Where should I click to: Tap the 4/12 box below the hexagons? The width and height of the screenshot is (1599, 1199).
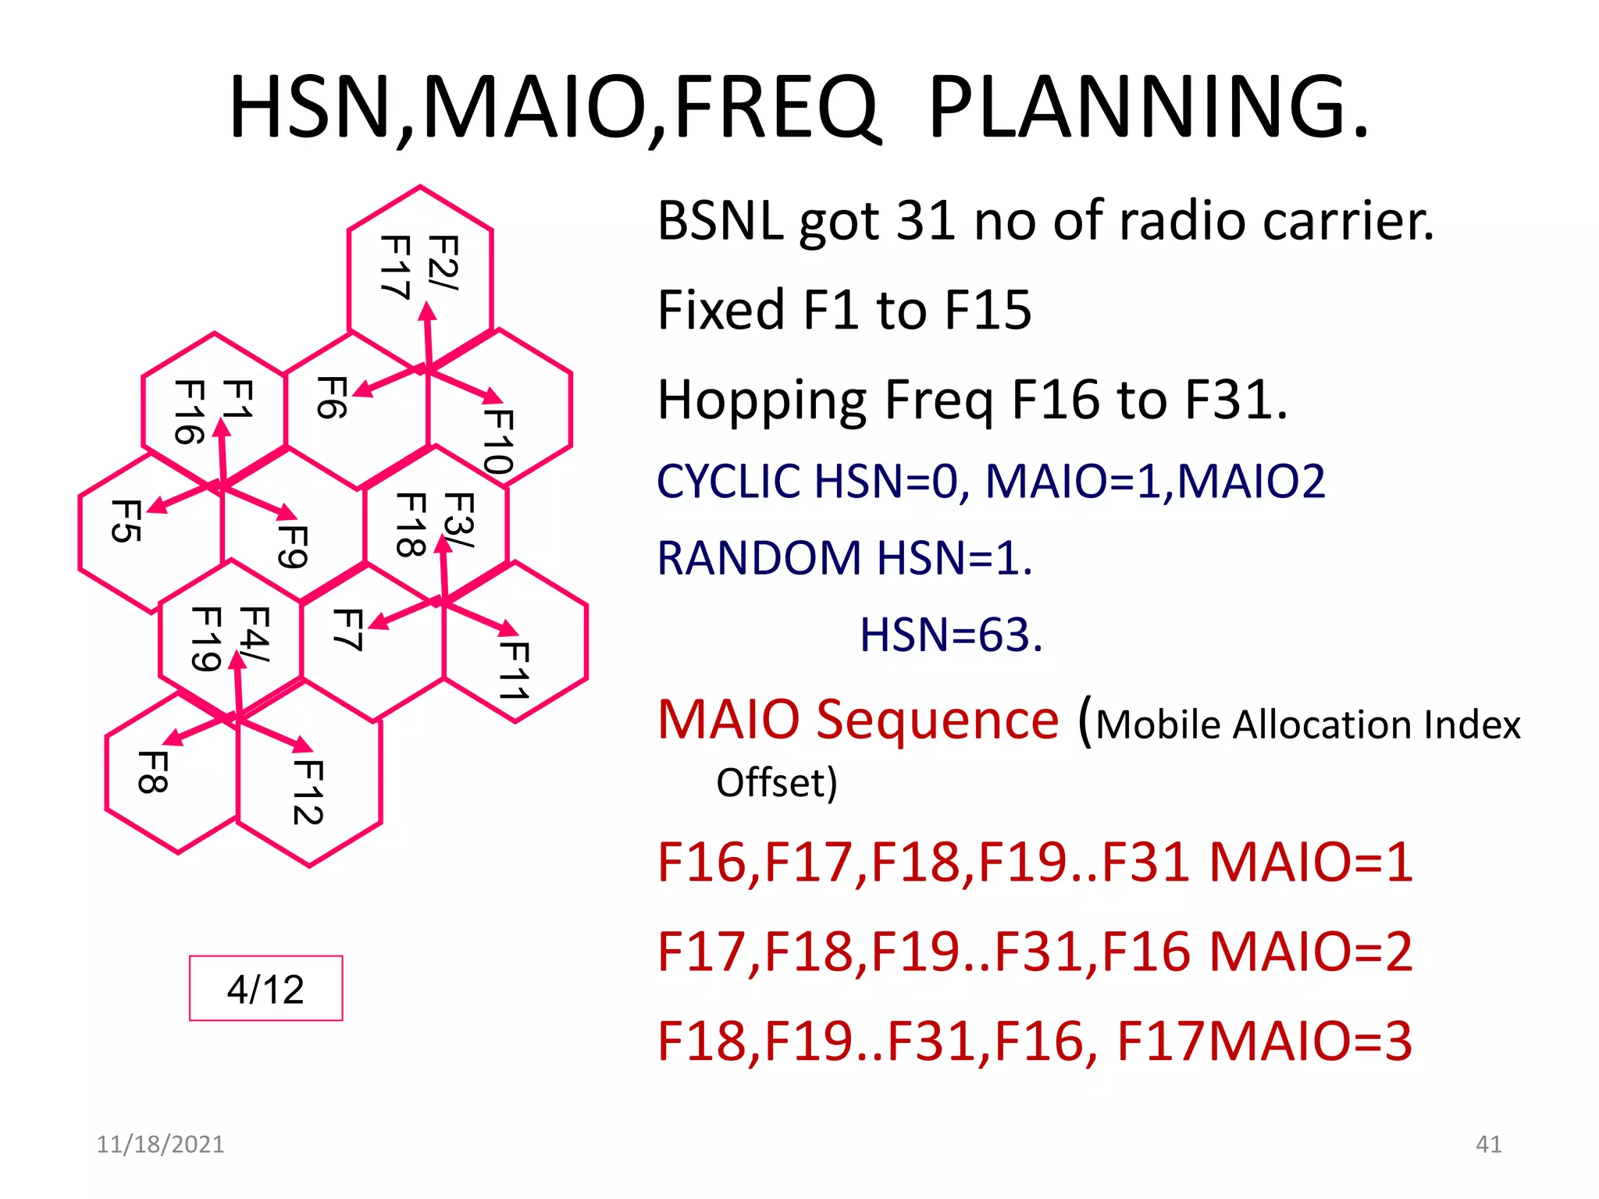point(265,988)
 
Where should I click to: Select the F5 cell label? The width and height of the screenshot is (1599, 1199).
point(126,521)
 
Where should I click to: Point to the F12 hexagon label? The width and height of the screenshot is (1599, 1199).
point(308,792)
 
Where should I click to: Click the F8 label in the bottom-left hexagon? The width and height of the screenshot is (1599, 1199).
point(152,772)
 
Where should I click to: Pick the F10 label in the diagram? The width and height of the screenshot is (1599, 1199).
point(498,442)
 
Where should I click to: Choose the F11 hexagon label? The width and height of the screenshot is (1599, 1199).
point(515,671)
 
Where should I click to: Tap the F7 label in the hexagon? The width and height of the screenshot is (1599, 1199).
point(347,629)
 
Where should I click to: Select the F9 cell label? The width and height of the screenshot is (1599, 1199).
point(294,546)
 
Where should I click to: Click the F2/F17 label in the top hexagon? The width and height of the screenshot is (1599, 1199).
point(419,266)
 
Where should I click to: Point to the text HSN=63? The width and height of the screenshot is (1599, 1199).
point(950,635)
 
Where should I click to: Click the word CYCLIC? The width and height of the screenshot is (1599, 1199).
point(728,481)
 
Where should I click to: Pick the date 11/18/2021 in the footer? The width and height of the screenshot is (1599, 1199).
point(160,1144)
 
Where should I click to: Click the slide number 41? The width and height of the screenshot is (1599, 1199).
point(1488,1144)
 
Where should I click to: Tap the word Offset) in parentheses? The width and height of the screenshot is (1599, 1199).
point(776,782)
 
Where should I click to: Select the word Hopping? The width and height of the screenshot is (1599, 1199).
point(761,400)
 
